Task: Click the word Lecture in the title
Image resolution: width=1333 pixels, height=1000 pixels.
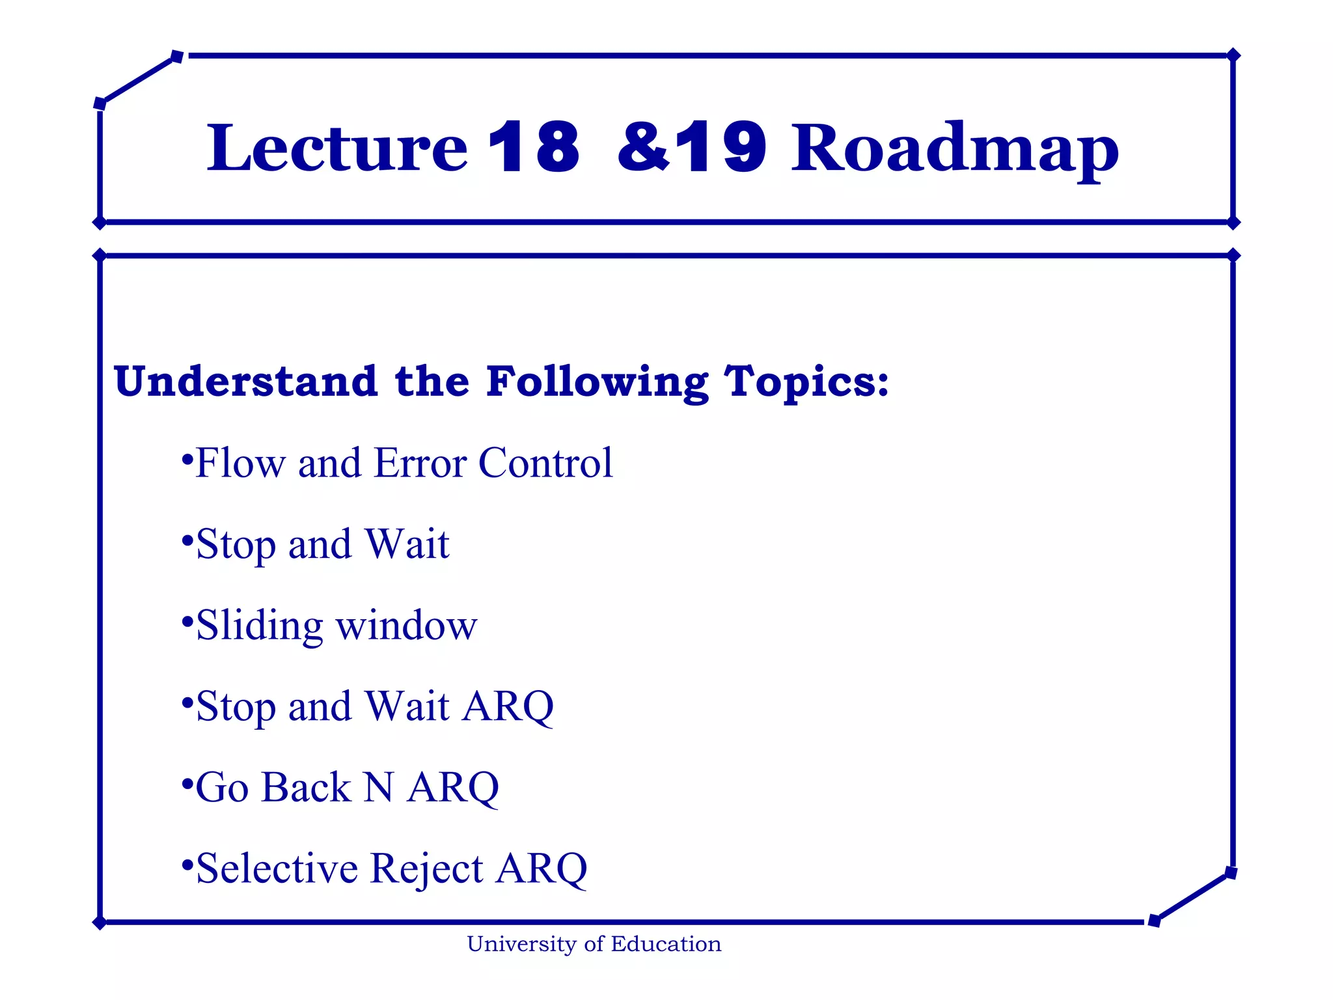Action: (x=337, y=148)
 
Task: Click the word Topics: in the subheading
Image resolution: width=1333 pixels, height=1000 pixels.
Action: (x=806, y=382)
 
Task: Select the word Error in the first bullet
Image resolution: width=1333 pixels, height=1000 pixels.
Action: (x=420, y=464)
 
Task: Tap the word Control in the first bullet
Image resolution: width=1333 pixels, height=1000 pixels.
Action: (x=545, y=464)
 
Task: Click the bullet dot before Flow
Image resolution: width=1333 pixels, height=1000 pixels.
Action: (x=187, y=458)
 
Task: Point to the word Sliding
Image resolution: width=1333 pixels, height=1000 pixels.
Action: (x=259, y=626)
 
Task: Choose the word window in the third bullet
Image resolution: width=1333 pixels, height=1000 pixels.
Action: (x=406, y=626)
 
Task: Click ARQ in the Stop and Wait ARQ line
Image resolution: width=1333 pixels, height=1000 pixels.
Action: (x=508, y=707)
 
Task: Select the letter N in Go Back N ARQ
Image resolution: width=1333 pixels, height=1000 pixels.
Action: (x=378, y=788)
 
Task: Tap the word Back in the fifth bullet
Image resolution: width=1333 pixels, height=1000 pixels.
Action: (x=306, y=788)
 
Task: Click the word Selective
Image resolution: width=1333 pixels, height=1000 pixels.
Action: (x=277, y=868)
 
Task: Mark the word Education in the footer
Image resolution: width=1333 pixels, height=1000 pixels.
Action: (x=666, y=945)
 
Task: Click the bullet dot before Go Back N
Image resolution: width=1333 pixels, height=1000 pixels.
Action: (x=187, y=782)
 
